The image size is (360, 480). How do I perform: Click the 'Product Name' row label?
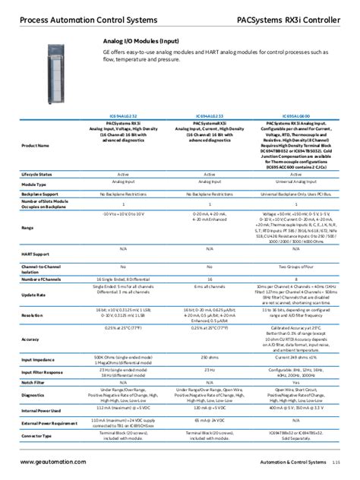tap(36, 144)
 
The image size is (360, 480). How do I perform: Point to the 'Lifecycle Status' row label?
tap(37, 174)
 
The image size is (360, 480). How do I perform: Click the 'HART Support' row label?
tap(36, 254)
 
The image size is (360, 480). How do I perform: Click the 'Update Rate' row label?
tap(33, 294)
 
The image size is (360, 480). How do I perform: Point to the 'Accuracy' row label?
tap(31, 339)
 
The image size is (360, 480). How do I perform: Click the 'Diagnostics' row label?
tap(33, 395)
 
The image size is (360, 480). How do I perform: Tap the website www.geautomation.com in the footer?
tap(53, 462)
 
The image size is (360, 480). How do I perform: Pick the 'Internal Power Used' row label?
tap(41, 410)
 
